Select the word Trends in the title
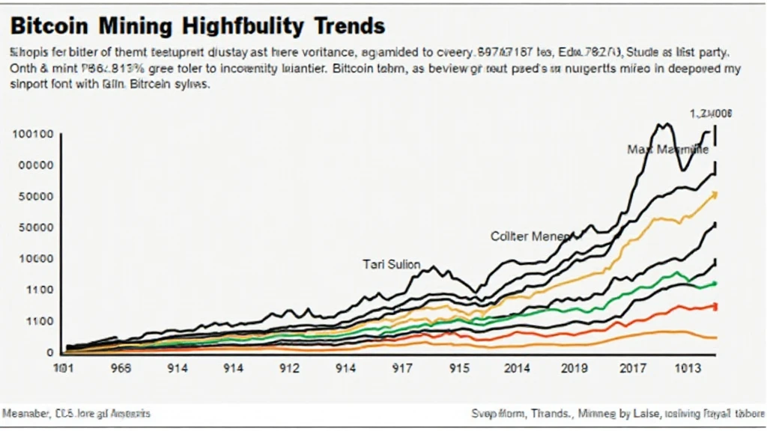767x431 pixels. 349,27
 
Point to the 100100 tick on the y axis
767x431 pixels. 32,135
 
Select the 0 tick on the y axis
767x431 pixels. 49,352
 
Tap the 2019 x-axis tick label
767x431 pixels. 575,369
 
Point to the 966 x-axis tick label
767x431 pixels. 120,369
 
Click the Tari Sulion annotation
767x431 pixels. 391,264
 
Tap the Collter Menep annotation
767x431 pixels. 530,236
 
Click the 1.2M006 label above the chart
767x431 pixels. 711,114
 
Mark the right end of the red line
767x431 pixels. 715,306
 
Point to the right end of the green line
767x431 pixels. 715,284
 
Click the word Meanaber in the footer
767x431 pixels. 26,413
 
